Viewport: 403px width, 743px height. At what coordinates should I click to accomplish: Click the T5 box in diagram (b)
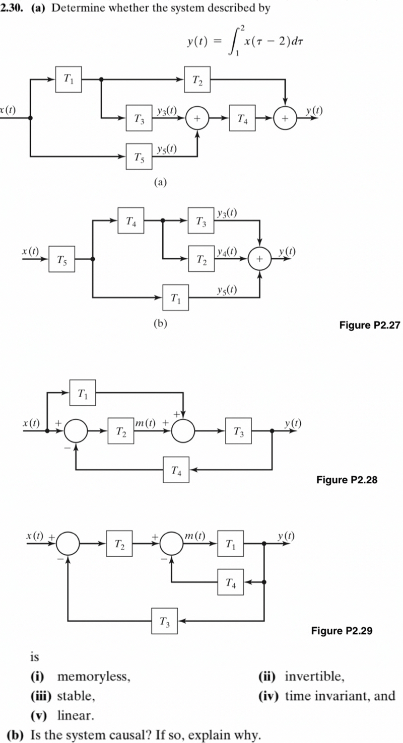(61, 259)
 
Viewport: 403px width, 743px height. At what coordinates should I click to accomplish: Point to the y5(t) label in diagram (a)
(166, 148)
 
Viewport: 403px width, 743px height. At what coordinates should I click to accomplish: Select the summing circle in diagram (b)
(260, 259)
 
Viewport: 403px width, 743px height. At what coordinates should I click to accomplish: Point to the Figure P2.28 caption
(347, 480)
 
